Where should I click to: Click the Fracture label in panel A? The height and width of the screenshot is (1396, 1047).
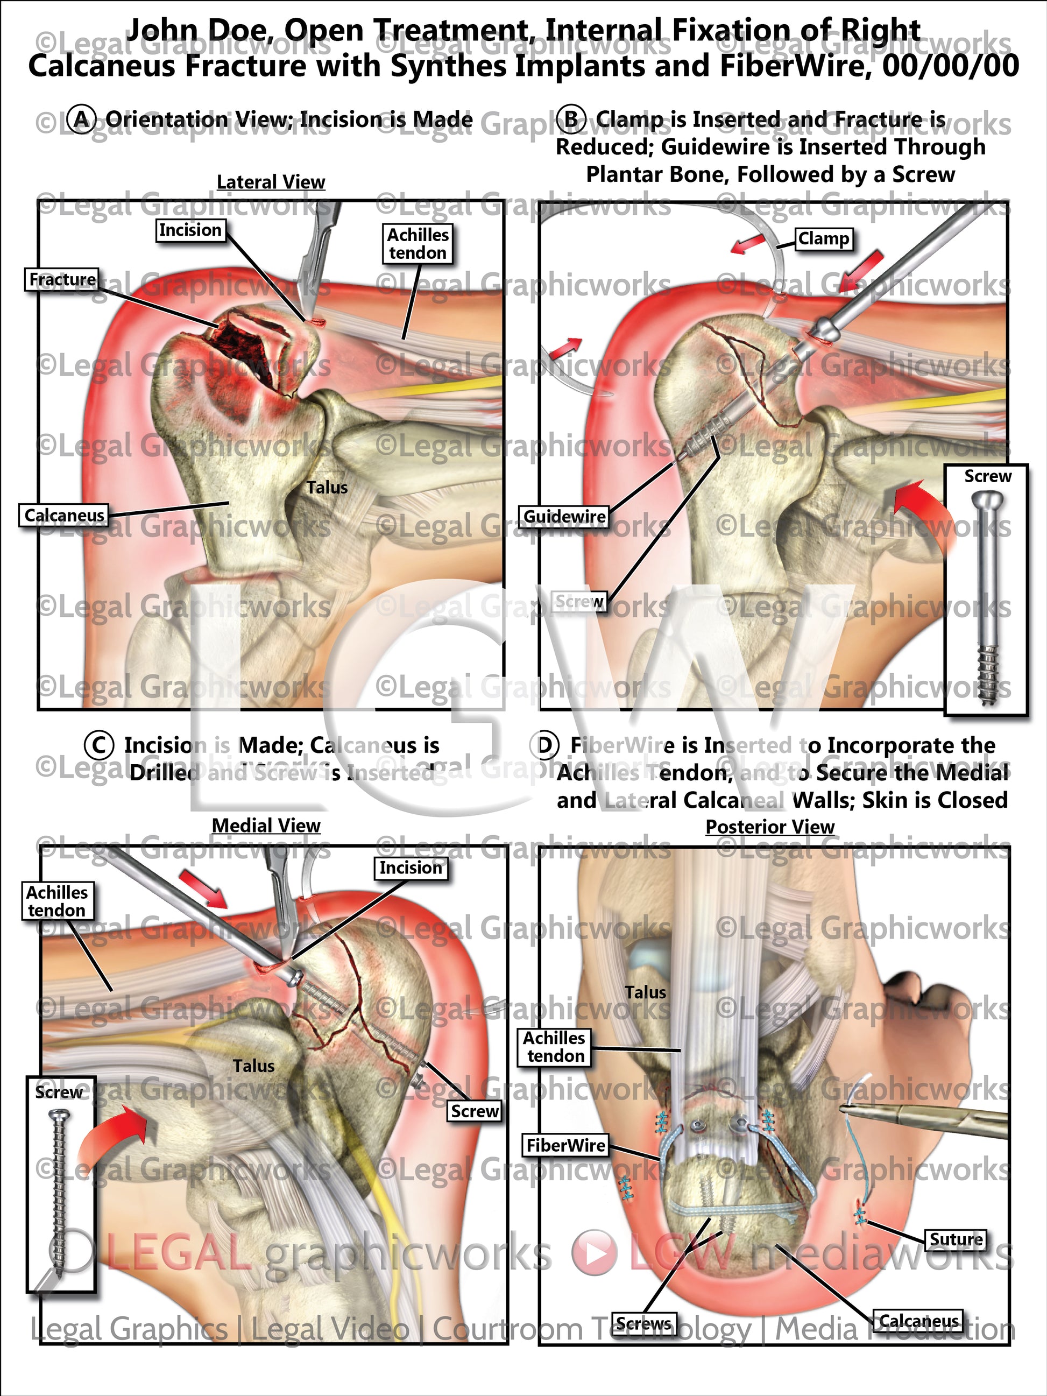(x=62, y=279)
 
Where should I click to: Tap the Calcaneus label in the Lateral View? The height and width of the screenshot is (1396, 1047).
(x=63, y=516)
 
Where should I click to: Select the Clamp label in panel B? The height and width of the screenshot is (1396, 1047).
(x=824, y=239)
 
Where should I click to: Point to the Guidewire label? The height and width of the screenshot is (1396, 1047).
(x=564, y=517)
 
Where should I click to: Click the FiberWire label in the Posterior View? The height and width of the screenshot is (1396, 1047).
(x=565, y=1145)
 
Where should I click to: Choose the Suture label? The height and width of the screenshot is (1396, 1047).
(x=956, y=1239)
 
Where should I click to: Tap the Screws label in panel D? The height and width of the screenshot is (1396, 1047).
(x=643, y=1324)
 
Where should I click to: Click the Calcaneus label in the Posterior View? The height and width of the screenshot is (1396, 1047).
(x=918, y=1321)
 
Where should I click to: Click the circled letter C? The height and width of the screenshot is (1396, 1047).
(x=99, y=745)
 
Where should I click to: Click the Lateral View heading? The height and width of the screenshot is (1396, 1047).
(x=271, y=182)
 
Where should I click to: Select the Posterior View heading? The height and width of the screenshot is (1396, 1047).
(x=769, y=827)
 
